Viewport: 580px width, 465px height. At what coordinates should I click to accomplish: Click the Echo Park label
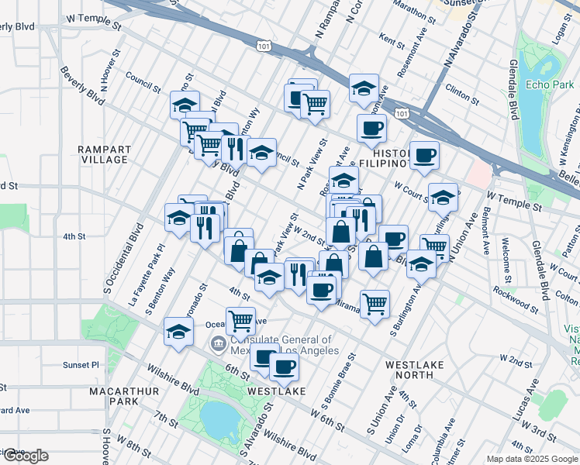[x=548, y=84]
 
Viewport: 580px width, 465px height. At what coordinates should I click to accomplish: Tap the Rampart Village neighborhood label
[x=103, y=154]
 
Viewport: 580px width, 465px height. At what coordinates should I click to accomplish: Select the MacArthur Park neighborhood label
[x=113, y=396]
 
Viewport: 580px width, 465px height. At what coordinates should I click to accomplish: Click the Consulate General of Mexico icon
[x=219, y=343]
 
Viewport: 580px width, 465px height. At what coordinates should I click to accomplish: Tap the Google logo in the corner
[x=25, y=456]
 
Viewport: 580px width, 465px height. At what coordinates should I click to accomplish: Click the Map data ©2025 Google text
[x=532, y=459]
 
